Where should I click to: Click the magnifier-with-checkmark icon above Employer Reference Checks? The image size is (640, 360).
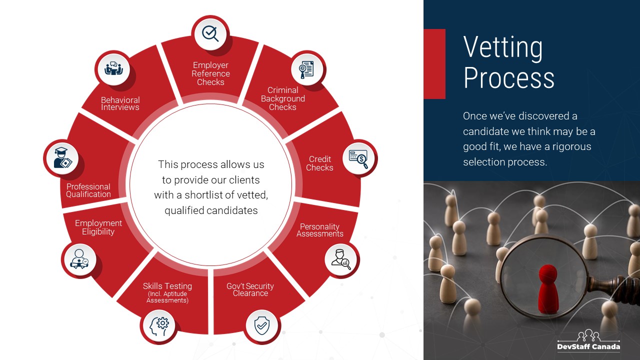(210, 33)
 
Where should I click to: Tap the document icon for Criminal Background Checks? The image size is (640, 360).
(306, 69)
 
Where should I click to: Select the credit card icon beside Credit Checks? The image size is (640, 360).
(358, 159)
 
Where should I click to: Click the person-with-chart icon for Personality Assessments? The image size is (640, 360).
(341, 259)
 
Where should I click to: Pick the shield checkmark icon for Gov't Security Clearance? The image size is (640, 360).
(261, 325)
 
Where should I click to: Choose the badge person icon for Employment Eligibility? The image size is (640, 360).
(79, 259)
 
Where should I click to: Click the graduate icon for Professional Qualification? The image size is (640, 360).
(63, 157)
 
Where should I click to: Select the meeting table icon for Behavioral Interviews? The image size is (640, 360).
(113, 68)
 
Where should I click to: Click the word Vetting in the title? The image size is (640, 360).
(503, 47)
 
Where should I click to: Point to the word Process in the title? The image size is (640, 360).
(509, 77)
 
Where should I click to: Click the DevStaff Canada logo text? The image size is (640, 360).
(588, 346)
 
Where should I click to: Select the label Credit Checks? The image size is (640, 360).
(319, 163)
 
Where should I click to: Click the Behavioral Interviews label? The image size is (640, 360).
(120, 103)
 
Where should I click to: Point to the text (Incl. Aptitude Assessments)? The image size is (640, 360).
(167, 297)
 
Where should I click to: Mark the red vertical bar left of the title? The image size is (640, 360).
(434, 63)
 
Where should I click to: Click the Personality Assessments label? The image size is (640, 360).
(319, 230)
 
